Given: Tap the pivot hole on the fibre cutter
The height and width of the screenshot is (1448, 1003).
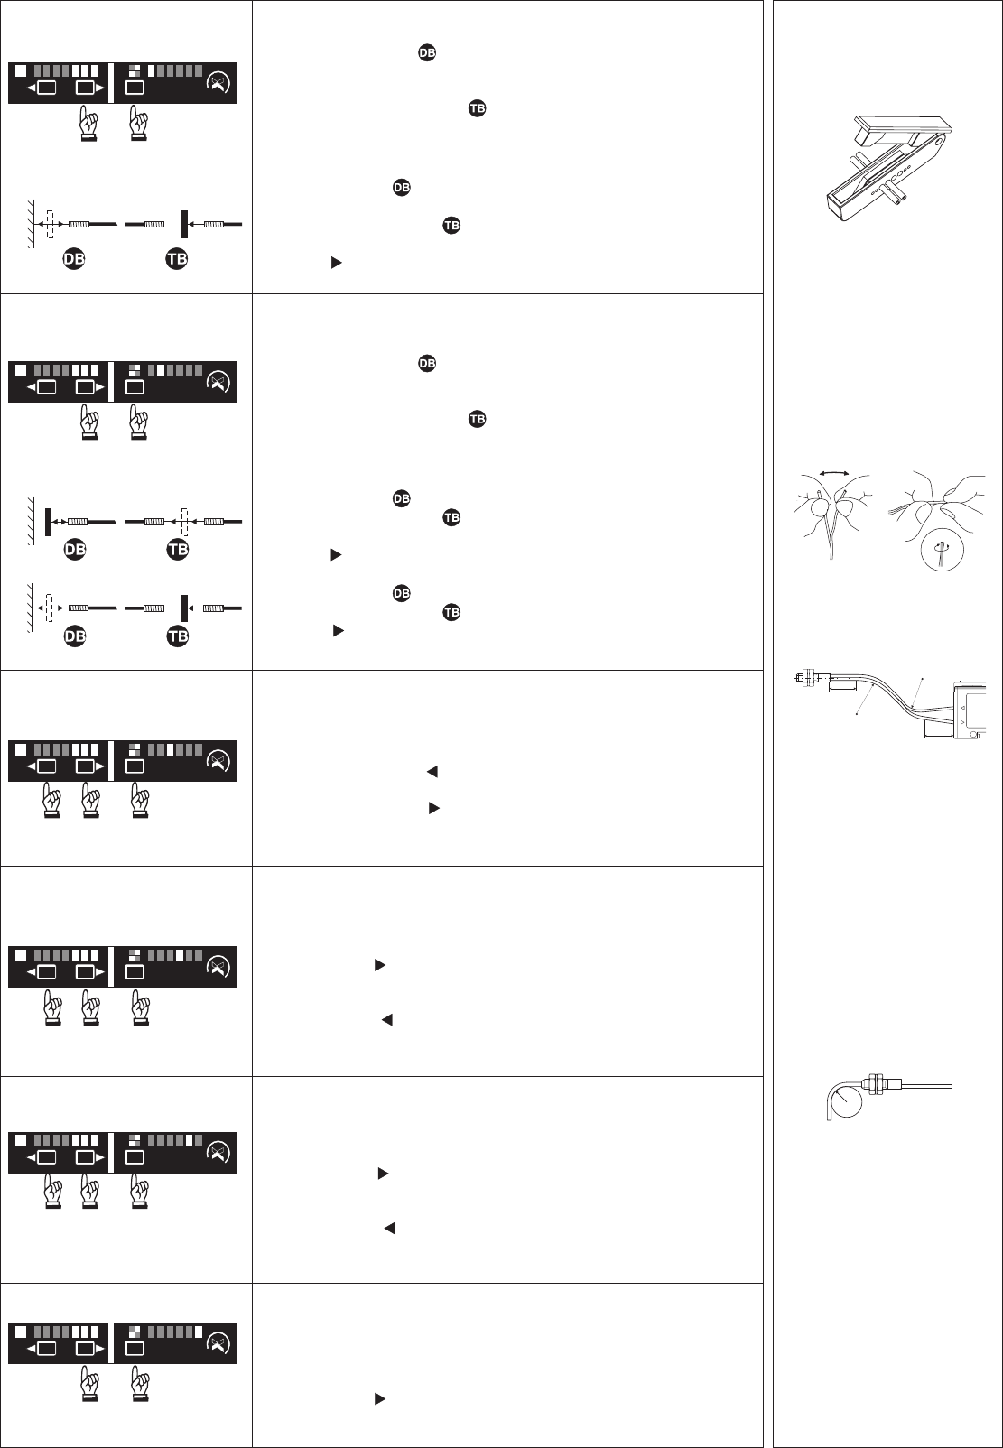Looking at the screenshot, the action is coord(942,140).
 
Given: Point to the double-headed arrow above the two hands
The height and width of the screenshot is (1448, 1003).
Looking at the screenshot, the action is coord(831,471).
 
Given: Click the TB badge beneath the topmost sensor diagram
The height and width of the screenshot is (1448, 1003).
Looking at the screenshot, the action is coord(177,259).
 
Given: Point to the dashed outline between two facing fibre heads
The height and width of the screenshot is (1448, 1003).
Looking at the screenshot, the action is coord(183,521).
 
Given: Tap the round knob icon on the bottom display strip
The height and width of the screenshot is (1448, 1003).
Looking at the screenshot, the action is coord(218,1342).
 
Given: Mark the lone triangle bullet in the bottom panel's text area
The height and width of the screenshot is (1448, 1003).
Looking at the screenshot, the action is coord(380,1398).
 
